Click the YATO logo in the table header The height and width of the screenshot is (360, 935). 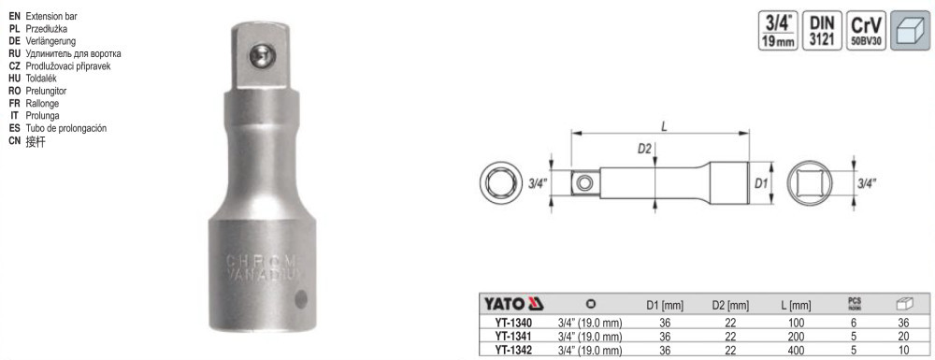(x=512, y=304)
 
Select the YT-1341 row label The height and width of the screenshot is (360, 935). (x=512, y=337)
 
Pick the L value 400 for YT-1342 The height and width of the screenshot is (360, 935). (x=796, y=350)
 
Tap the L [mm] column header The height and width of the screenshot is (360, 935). (x=796, y=306)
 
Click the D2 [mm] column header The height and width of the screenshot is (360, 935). (x=730, y=306)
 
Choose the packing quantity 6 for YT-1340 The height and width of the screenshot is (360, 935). (x=855, y=323)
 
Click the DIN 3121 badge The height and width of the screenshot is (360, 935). (x=822, y=30)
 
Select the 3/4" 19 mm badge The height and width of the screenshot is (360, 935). (x=778, y=30)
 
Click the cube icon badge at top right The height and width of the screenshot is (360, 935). (x=910, y=30)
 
